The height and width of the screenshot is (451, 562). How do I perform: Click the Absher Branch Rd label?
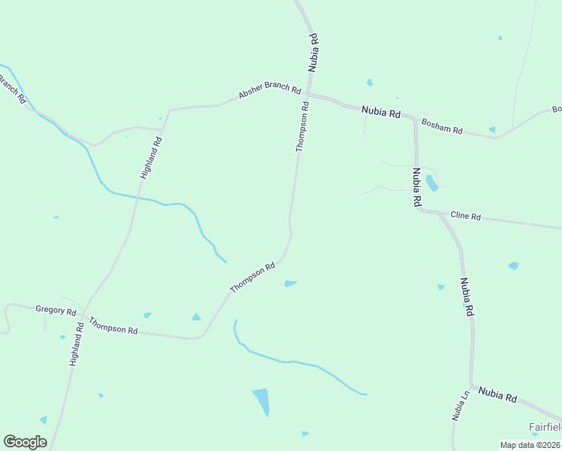(x=270, y=91)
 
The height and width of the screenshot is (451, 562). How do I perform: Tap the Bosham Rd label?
(x=442, y=126)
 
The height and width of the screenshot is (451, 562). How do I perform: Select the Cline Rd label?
(x=465, y=216)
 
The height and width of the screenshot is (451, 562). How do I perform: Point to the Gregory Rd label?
(x=56, y=310)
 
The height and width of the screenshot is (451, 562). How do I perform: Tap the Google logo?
(x=25, y=442)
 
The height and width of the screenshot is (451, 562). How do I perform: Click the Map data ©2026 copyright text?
(x=530, y=445)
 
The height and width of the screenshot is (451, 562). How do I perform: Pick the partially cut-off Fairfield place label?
(x=545, y=427)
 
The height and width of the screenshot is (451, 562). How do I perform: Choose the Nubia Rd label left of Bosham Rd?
(x=381, y=112)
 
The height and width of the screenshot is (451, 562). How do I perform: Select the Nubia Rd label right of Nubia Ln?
(x=497, y=395)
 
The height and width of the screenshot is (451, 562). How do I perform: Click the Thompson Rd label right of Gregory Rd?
(x=113, y=325)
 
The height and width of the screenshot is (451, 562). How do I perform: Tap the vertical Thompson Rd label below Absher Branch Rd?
(x=303, y=127)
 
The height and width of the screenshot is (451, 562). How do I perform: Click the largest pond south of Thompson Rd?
(x=261, y=401)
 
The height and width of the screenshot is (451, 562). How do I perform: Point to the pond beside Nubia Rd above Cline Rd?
(x=431, y=183)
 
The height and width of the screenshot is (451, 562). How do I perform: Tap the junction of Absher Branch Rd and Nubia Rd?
(x=309, y=95)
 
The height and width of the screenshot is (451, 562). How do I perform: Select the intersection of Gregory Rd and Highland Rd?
(x=83, y=313)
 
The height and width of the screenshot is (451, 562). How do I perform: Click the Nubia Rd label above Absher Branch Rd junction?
(x=314, y=53)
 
